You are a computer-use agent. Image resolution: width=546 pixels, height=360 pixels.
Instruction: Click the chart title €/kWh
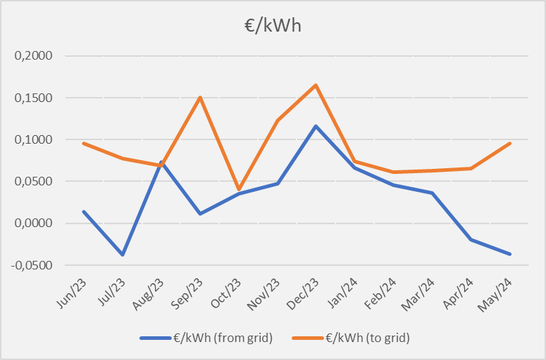pos(272,26)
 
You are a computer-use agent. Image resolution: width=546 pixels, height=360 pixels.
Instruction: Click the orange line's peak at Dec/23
pos(316,86)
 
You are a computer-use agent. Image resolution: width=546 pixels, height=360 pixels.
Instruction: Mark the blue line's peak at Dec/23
pos(316,126)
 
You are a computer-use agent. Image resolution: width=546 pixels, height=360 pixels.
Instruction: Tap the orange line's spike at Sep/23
pos(200,97)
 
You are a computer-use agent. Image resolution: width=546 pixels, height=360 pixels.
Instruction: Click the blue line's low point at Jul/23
pos(123,254)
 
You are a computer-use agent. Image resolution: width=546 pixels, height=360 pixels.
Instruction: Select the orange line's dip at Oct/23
pos(239,190)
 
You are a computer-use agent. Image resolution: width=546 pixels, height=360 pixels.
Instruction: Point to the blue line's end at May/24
pos(510,254)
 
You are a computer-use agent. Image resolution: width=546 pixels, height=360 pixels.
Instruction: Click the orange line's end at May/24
pos(510,143)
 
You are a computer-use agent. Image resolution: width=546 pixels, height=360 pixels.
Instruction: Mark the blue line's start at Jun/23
pos(84,211)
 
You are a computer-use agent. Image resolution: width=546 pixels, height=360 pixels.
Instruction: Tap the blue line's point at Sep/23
pos(200,213)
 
